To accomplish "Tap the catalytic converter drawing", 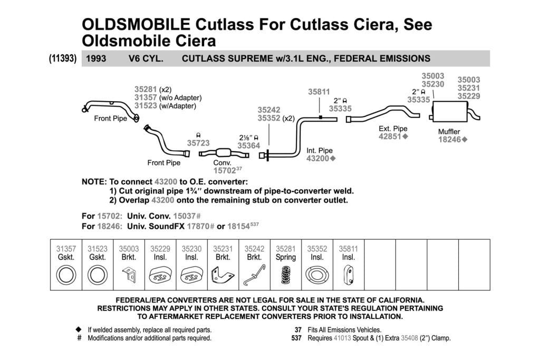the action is pyautogui.click(x=224, y=153).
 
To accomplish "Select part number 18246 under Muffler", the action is pyautogui.click(x=449, y=140).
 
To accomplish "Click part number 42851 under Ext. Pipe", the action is pyautogui.click(x=390, y=137).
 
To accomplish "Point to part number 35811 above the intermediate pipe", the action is pyautogui.click(x=319, y=92).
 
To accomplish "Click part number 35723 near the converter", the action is pyautogui.click(x=198, y=143).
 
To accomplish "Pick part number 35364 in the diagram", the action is pyautogui.click(x=249, y=145).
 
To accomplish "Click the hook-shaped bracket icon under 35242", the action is pyautogui.click(x=254, y=275).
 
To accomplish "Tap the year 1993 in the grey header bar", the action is pyautogui.click(x=96, y=59).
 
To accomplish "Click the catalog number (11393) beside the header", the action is pyautogui.click(x=63, y=58).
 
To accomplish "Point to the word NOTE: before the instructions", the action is pyautogui.click(x=94, y=182).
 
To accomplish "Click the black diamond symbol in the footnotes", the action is pyautogui.click(x=79, y=329).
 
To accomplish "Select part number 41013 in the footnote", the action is pyautogui.click(x=342, y=338).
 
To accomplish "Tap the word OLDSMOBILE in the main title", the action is pyautogui.click(x=136, y=24).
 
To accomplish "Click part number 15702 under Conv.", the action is pyautogui.click(x=225, y=170).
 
